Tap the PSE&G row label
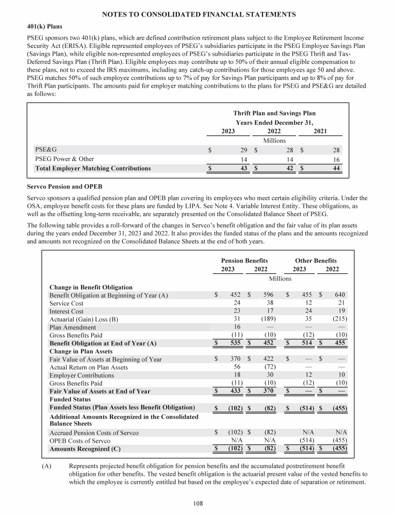pyautogui.click(x=45, y=150)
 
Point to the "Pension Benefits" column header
pyautogui.click(x=244, y=261)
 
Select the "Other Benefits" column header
pyautogui.click(x=316, y=261)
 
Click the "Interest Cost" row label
pyautogui.click(x=66, y=312)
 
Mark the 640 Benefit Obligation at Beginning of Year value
pyautogui.click(x=340, y=295)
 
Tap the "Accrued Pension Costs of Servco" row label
pyautogui.click(x=94, y=433)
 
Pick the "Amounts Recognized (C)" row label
pyautogui.click(x=85, y=449)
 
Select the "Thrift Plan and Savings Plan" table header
pyautogui.click(x=274, y=113)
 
